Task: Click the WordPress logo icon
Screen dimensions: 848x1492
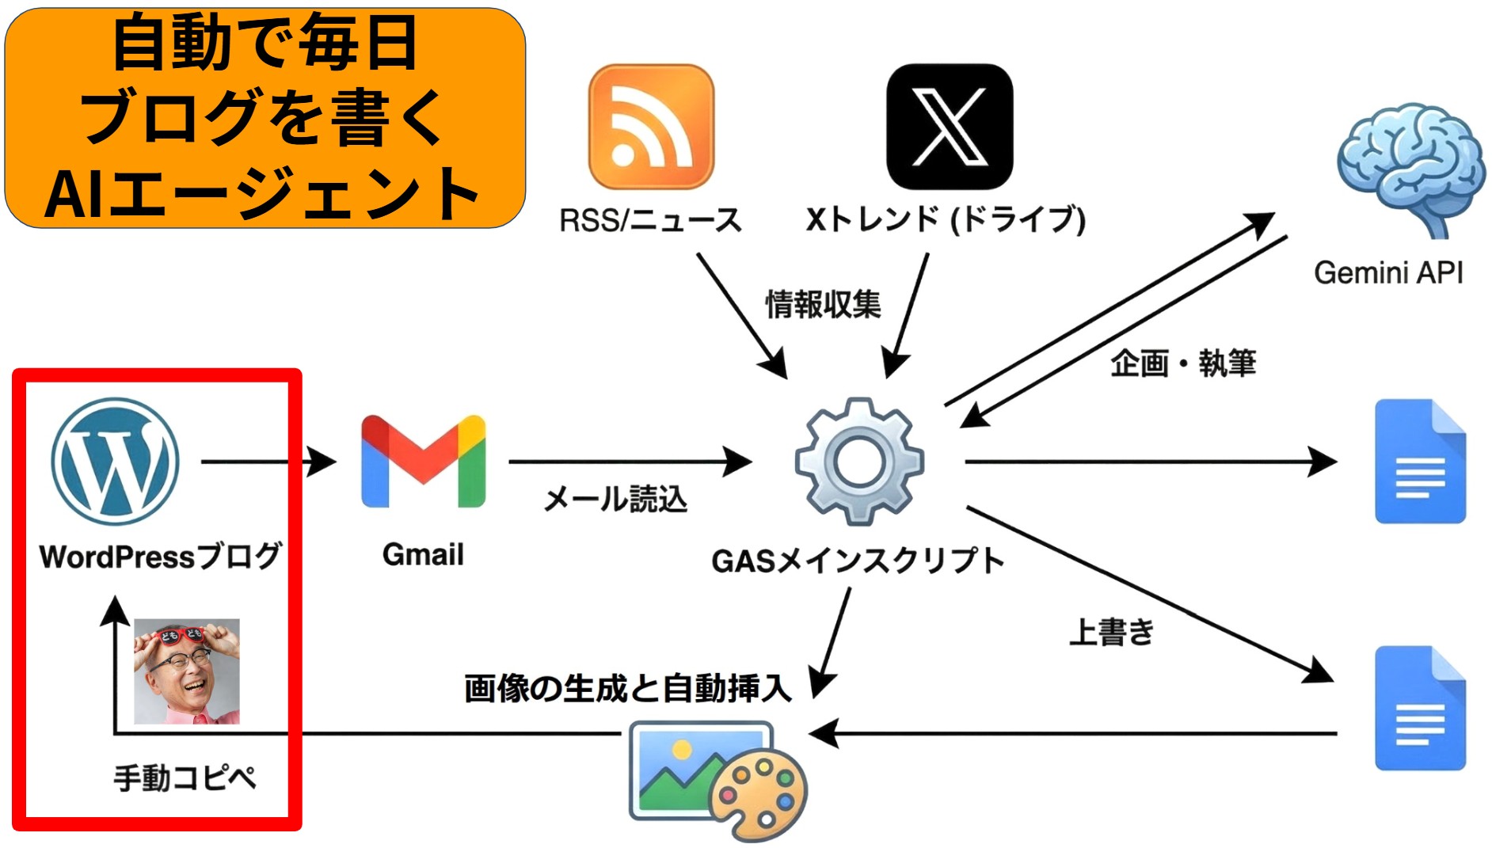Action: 116,461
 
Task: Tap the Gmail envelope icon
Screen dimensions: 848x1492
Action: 423,462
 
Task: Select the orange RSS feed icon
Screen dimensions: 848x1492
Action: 651,127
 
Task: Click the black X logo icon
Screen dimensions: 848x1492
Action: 950,127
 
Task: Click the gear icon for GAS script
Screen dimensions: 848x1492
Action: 859,462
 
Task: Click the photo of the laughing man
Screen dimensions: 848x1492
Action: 187,671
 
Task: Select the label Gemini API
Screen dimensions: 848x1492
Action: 1388,273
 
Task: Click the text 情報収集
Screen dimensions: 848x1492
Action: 823,305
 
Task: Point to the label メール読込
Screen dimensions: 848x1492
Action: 615,500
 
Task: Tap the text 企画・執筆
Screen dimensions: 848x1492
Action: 1183,363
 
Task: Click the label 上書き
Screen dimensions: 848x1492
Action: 1111,633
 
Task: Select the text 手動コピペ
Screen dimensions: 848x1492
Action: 185,778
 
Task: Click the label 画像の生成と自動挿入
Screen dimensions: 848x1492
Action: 627,688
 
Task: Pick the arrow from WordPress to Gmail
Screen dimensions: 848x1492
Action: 269,461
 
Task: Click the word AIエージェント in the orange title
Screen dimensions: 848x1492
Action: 261,194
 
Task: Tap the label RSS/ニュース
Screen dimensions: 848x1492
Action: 650,220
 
